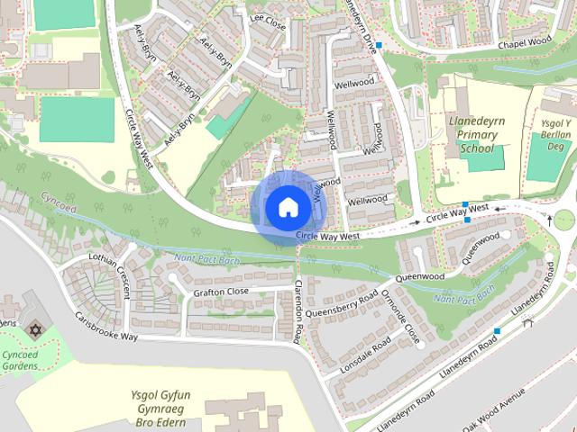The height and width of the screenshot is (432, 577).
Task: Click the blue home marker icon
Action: [x=287, y=207]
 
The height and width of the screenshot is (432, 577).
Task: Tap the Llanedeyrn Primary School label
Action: [x=477, y=134]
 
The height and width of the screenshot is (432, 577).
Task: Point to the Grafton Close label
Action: [x=221, y=292]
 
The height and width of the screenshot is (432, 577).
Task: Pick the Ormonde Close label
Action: [x=400, y=317]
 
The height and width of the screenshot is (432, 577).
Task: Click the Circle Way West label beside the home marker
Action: [x=327, y=237]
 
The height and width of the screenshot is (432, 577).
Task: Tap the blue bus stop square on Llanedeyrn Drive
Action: [x=380, y=45]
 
